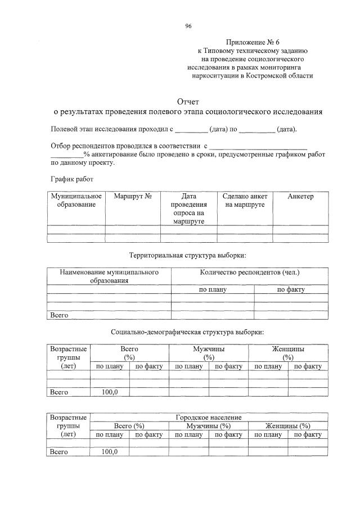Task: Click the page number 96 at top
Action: coord(188,25)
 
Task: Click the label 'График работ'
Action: coord(72,179)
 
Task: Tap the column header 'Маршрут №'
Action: coord(133,197)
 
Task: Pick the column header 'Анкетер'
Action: coord(300,197)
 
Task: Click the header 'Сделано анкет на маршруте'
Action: coord(245,201)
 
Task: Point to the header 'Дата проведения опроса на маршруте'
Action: coord(188,208)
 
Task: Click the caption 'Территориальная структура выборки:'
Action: coord(188,255)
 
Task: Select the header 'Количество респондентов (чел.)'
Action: coord(250,273)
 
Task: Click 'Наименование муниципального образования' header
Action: coord(109,276)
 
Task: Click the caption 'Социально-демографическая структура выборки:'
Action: coord(187,332)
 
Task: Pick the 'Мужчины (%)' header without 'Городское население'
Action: coord(209,353)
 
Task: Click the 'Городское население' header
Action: coord(209,418)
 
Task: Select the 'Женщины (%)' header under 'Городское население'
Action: coord(288,426)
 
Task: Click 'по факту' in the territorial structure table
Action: coord(291,290)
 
